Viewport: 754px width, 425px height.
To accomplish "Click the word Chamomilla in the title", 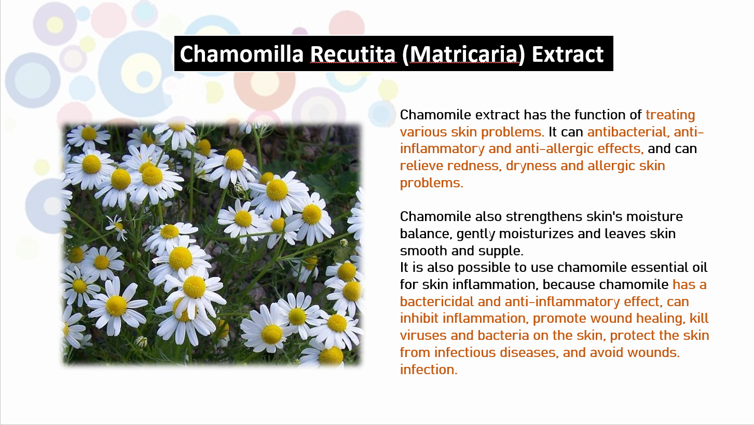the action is coord(241,54).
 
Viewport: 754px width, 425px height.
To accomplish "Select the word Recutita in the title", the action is coord(352,54).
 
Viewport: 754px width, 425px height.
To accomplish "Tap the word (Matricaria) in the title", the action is coord(463,54).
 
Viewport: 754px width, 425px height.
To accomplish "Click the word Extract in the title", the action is coord(568,54).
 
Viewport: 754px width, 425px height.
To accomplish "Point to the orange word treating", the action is coord(670,115).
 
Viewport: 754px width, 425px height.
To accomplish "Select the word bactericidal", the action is coord(436,301).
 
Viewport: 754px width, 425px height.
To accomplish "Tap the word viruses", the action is coord(423,336).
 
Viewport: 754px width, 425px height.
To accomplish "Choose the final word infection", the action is coord(429,370).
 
